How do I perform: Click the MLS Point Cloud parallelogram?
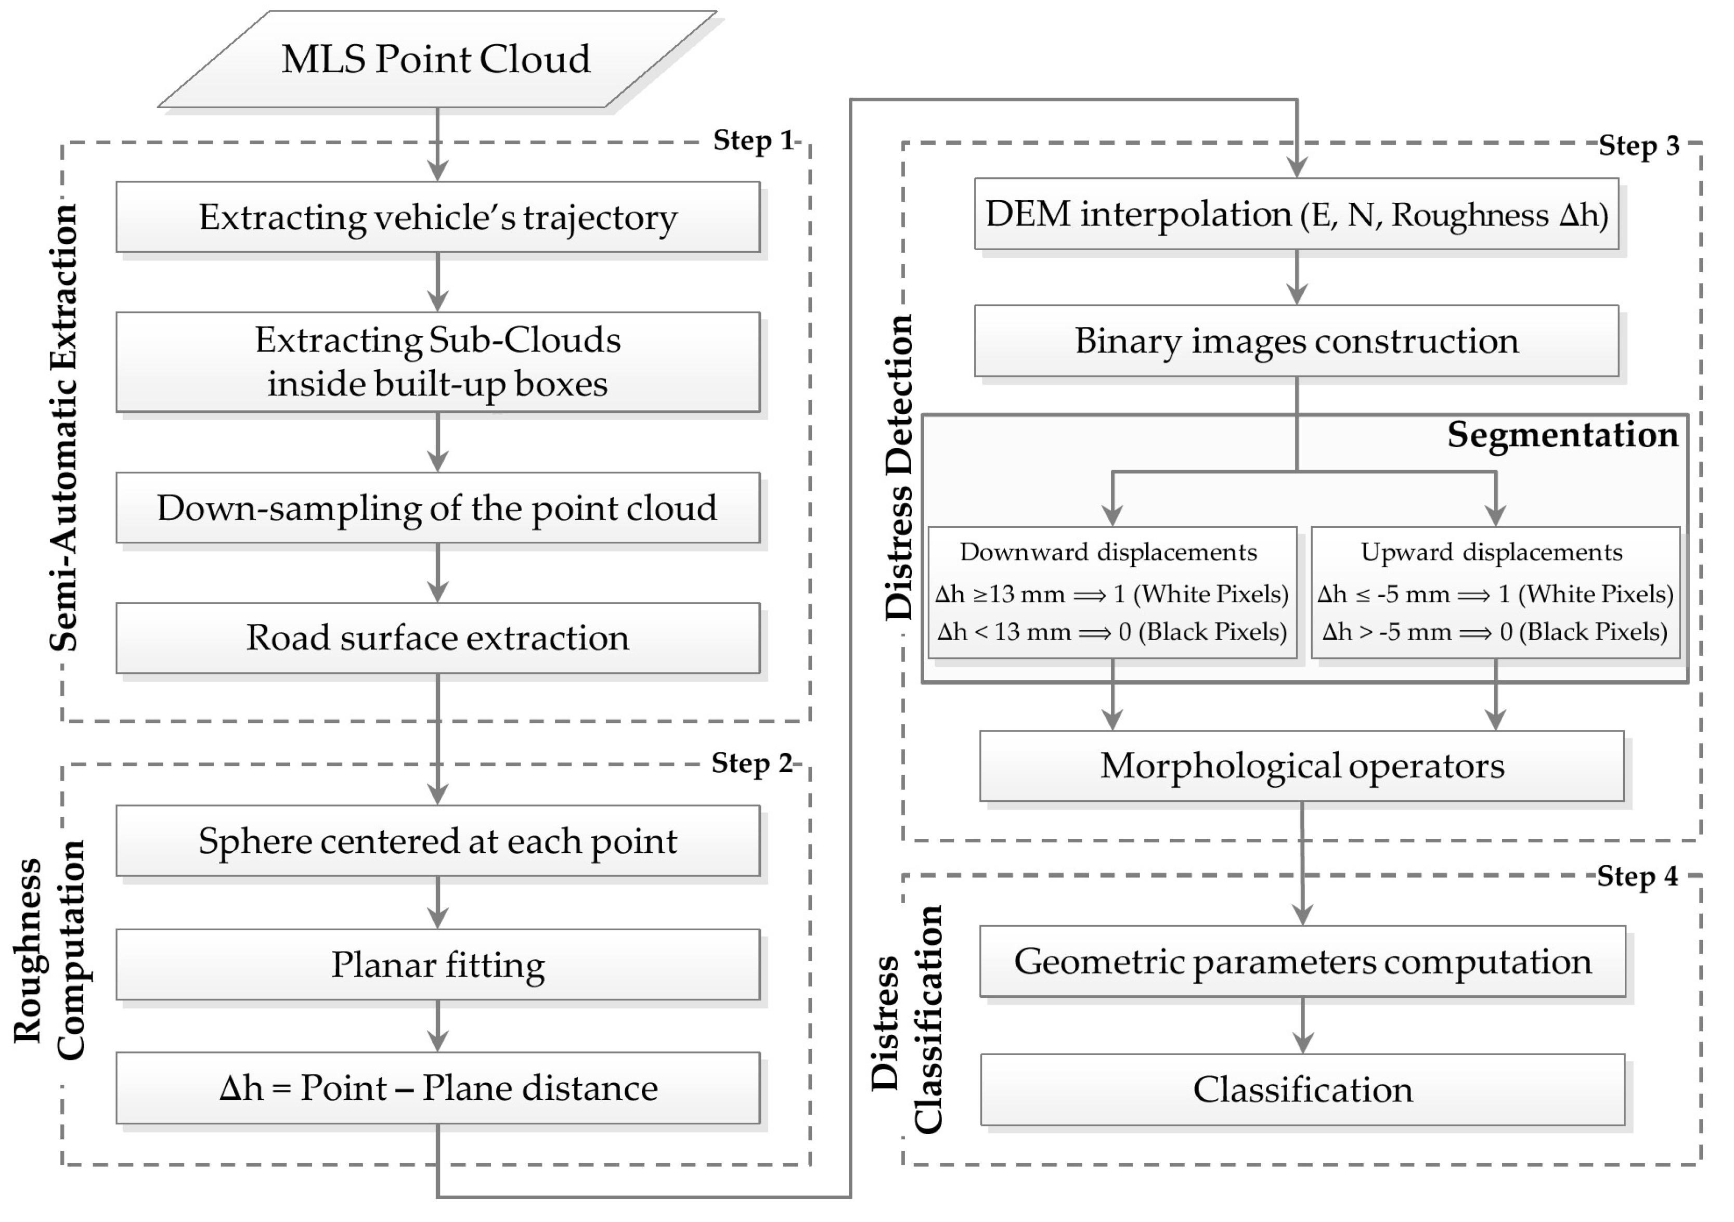click(x=436, y=59)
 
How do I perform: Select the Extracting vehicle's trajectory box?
click(x=437, y=217)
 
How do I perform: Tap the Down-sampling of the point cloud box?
click(x=437, y=508)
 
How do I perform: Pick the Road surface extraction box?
click(x=437, y=638)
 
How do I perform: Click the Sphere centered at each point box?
click(x=437, y=841)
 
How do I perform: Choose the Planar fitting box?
click(x=437, y=965)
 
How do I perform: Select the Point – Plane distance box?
click(x=437, y=1087)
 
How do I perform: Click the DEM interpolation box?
click(x=1296, y=214)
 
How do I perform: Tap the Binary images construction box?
click(x=1296, y=341)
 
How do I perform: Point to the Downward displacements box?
click(x=1111, y=592)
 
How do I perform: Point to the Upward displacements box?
click(x=1495, y=592)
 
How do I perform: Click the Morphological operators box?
click(x=1301, y=766)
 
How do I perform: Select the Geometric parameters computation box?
click(x=1302, y=961)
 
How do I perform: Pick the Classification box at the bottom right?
click(x=1302, y=1089)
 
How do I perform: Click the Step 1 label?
click(x=753, y=140)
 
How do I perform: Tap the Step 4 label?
click(x=1637, y=876)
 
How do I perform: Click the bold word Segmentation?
click(x=1562, y=435)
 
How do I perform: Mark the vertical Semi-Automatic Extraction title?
click(x=63, y=427)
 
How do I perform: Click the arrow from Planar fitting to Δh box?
click(x=437, y=1026)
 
